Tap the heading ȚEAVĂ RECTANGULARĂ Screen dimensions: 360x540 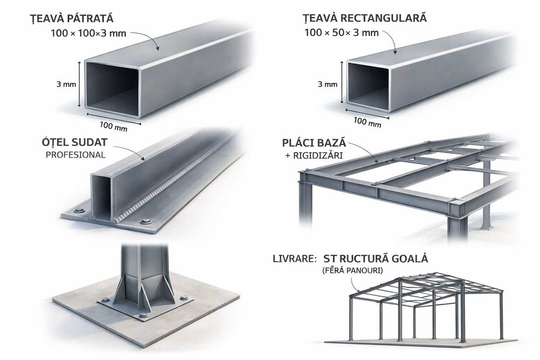coord(365,18)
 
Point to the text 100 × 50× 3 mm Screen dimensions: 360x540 coord(341,32)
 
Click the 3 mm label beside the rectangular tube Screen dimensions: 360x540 coord(327,84)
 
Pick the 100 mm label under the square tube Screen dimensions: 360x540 coord(113,127)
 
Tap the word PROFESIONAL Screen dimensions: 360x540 coord(75,155)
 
